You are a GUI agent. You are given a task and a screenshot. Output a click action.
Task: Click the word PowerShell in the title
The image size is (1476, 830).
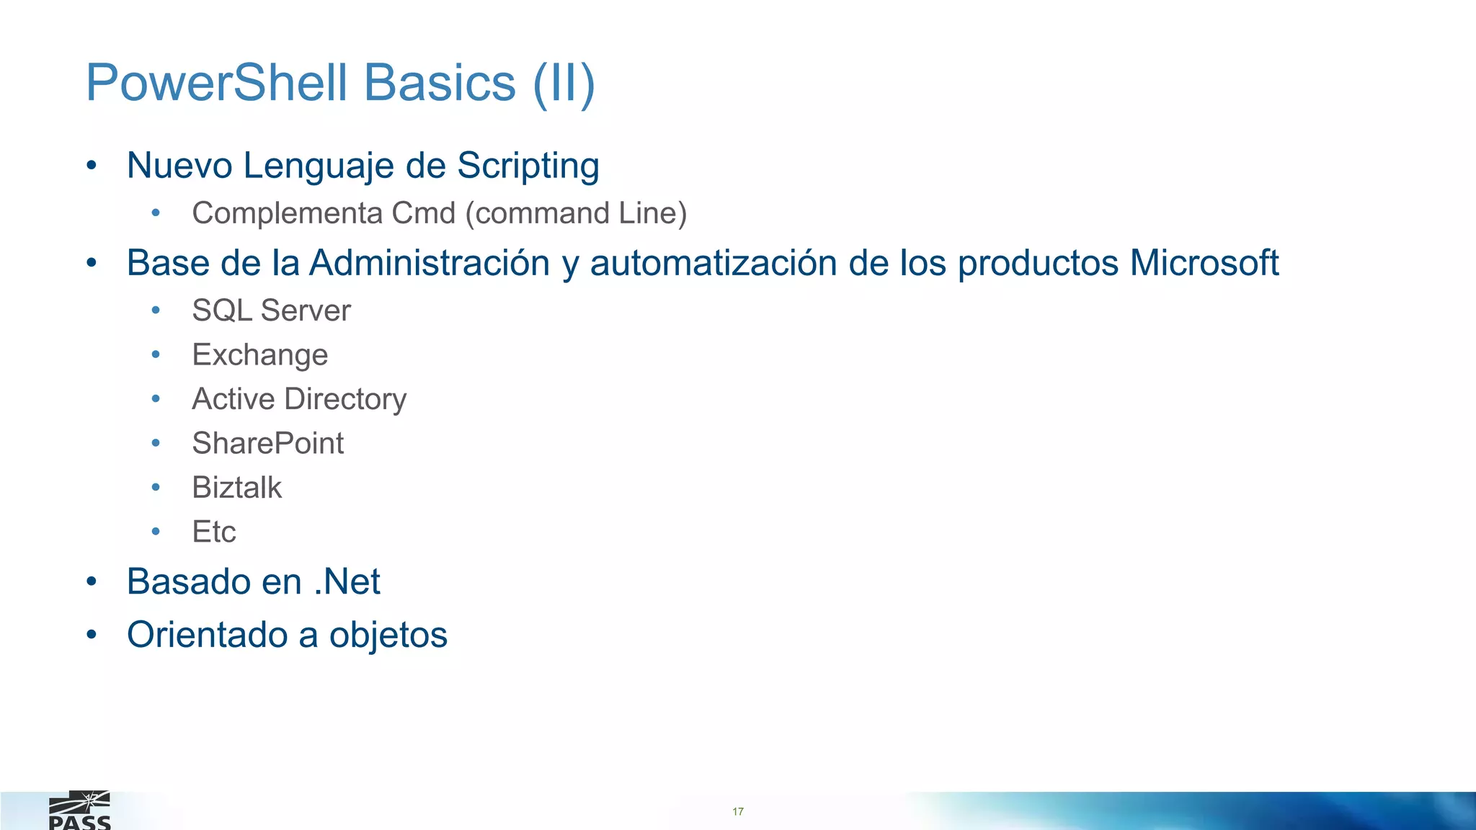[217, 83]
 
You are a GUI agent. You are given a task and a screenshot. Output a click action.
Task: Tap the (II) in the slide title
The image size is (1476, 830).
[564, 84]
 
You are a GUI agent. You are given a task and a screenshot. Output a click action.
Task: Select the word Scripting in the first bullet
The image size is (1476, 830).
[528, 166]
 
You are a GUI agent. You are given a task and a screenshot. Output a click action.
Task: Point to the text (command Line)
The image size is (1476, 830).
[577, 213]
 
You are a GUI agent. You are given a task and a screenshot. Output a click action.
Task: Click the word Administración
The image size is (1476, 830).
[430, 263]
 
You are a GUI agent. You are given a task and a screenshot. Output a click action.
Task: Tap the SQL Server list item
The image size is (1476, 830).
[271, 311]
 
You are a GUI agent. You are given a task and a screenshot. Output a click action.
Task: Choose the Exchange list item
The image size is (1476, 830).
[259, 355]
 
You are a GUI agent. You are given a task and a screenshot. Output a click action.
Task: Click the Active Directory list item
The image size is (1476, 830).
[299, 399]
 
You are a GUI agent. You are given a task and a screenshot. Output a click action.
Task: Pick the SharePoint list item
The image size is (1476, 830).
[267, 443]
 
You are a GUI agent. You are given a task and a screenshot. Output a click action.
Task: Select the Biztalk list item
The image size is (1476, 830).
[236, 488]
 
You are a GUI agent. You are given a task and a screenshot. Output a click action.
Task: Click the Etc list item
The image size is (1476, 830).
[214, 532]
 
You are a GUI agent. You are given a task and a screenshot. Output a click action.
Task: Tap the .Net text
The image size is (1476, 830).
[347, 581]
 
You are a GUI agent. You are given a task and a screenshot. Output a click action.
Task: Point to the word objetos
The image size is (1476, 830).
[388, 635]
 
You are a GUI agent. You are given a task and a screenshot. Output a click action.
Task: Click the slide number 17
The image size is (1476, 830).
[738, 811]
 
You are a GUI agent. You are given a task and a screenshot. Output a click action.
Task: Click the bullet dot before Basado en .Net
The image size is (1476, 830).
[92, 581]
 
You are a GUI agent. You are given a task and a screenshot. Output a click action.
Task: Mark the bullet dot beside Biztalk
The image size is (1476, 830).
[156, 488]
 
